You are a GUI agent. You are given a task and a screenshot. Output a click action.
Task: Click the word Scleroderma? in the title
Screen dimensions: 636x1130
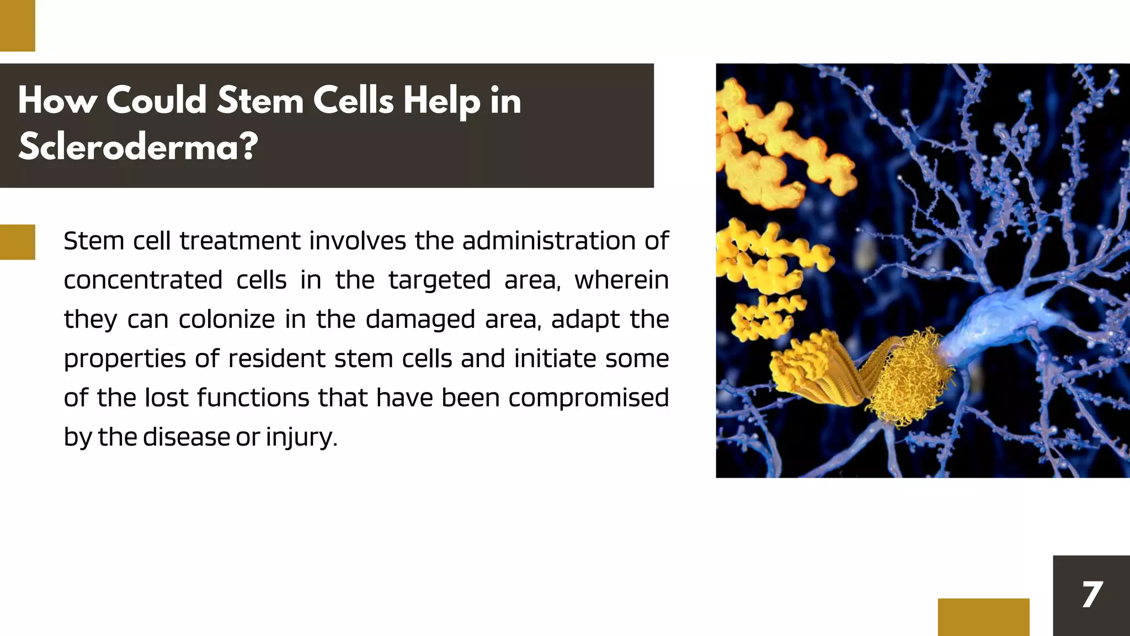[x=138, y=147]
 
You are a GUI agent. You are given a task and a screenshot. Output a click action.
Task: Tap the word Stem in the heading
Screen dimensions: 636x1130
[x=260, y=100]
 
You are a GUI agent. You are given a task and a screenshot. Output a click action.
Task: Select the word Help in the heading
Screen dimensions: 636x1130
[x=441, y=102]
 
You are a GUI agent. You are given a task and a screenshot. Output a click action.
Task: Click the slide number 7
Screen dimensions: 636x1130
[x=1092, y=595]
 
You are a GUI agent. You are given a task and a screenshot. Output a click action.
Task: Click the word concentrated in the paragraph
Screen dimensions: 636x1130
[x=143, y=280]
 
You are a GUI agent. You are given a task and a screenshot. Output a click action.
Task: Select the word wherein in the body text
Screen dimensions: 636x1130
[x=621, y=280]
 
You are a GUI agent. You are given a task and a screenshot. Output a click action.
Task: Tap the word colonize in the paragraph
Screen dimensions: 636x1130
[x=226, y=319]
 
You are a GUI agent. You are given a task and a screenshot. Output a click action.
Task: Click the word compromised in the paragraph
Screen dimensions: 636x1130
[x=588, y=398]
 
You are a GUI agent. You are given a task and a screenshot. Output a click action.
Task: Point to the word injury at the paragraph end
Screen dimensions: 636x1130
[x=300, y=438]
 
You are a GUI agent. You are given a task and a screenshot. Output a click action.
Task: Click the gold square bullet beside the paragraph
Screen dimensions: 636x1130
[x=18, y=242]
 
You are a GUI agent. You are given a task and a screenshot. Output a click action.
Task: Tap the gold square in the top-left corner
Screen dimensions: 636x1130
[x=18, y=25]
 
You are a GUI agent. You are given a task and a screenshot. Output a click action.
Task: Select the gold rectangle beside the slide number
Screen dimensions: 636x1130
[x=983, y=617]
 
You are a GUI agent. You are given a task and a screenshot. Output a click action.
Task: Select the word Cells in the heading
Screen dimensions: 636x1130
[x=353, y=100]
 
